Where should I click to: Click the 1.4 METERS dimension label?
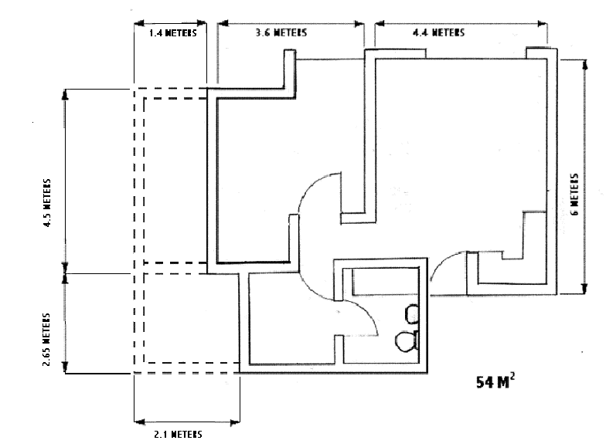[x=171, y=33]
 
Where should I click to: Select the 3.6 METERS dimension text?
[x=281, y=33]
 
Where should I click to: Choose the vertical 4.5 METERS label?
[x=47, y=203]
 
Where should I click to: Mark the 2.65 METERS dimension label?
[x=47, y=338]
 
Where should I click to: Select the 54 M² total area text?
[x=493, y=381]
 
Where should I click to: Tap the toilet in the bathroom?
[x=406, y=340]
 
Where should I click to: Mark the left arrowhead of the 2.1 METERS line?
[x=138, y=422]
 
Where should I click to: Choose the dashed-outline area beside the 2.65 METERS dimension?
[x=186, y=317]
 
